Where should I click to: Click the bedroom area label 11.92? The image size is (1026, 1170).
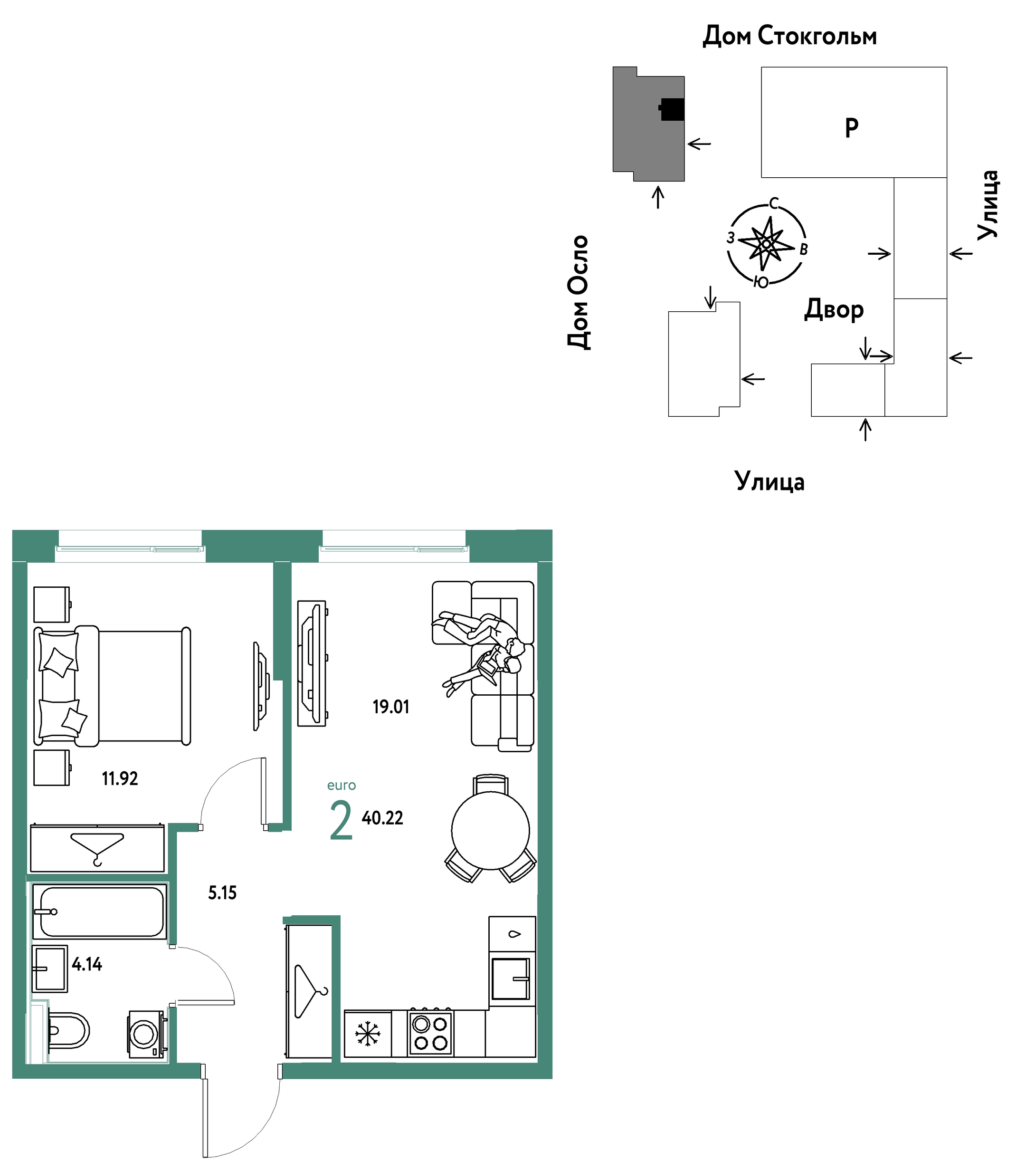coord(120,778)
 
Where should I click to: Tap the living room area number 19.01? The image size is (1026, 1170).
coord(391,707)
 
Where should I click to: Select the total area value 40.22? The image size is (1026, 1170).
coord(382,818)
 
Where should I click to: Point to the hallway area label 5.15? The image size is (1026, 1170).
coord(222,893)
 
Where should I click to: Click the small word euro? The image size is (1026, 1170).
coord(342,786)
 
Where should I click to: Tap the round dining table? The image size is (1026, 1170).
coord(490,831)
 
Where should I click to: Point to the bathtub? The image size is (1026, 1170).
coord(100,912)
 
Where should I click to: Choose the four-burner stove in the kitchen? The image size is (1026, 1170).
coord(430,1033)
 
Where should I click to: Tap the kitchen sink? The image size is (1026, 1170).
coord(511,979)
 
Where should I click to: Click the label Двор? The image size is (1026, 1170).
coord(834,310)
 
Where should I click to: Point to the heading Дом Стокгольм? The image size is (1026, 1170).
coord(789,36)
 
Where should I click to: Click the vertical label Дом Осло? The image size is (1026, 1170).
coord(579,292)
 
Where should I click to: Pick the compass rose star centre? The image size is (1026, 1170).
coord(766,244)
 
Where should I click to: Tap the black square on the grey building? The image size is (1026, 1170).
coord(673,109)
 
